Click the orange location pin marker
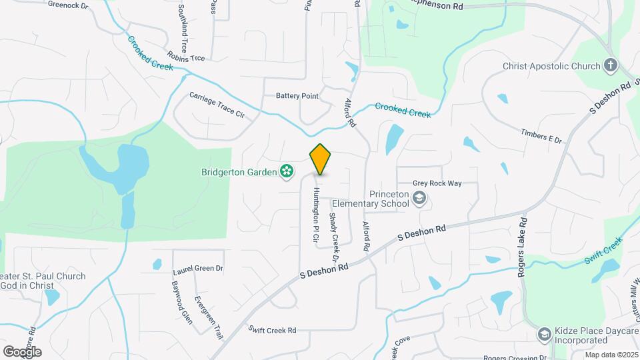point(320,159)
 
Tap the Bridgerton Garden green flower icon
point(287,172)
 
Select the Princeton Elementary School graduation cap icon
point(419,198)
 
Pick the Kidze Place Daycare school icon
point(545,334)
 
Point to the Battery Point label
point(297,96)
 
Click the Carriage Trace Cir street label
point(217,105)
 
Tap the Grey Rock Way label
point(436,182)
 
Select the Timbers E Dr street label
point(542,135)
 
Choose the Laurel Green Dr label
point(198,269)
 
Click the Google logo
point(22,351)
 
